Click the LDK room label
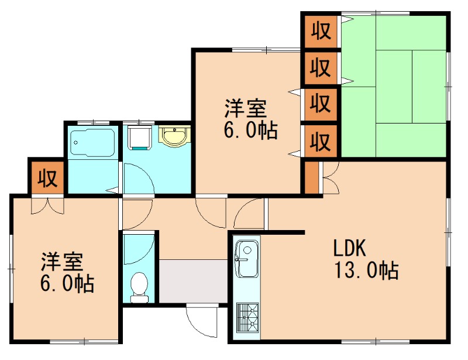[350, 249]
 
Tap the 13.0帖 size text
[366, 271]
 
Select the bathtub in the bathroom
[92, 142]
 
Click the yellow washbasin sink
[174, 138]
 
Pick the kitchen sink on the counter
[246, 258]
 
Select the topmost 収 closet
[320, 30]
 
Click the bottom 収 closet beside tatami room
[320, 141]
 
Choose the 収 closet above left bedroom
[47, 177]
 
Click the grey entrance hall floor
[192, 282]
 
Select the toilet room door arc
[139, 249]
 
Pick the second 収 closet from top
[320, 67]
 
